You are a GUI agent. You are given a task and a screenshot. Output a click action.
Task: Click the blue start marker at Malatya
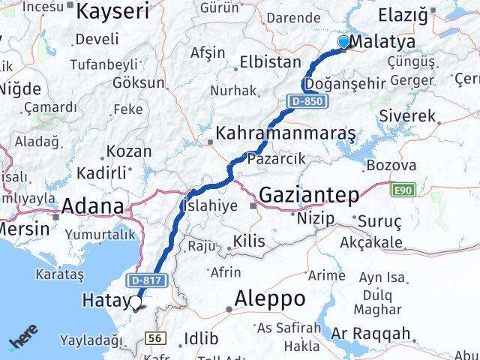click(x=344, y=42)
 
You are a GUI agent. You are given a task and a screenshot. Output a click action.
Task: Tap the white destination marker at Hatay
click(x=136, y=303)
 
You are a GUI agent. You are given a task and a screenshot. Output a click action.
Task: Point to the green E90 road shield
click(x=402, y=190)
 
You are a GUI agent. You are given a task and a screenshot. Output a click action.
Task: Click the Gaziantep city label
click(x=308, y=195)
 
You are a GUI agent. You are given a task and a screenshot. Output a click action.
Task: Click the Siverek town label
click(x=407, y=116)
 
